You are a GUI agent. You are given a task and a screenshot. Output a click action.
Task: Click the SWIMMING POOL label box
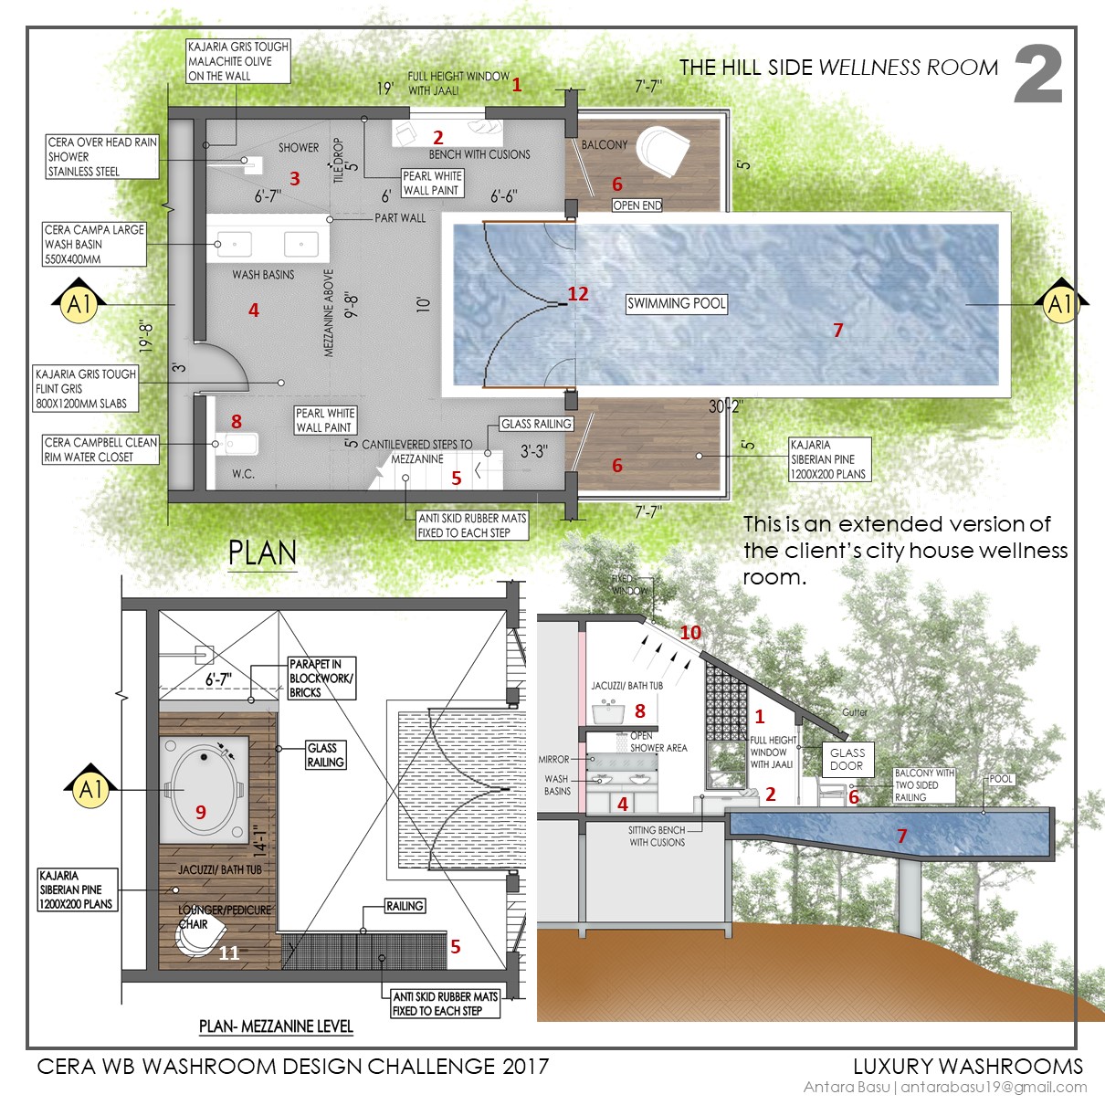676,303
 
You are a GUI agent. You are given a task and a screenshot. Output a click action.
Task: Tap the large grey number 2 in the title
1038,75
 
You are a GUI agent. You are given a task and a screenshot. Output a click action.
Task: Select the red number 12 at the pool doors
578,294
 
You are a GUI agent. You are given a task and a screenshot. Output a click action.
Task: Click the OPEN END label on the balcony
637,205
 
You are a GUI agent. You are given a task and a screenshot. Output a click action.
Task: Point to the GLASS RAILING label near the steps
536,424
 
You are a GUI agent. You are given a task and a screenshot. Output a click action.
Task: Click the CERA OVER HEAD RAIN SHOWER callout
102,156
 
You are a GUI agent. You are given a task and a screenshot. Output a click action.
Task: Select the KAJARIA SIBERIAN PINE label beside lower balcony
828,459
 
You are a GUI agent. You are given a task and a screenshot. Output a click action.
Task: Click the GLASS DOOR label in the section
847,759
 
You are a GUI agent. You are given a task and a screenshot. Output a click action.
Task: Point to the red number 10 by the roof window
690,633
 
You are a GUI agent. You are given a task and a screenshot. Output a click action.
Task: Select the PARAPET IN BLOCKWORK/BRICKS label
321,679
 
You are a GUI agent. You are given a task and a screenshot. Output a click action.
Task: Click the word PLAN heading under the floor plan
262,553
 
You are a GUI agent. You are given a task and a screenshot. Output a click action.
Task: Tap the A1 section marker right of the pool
1058,303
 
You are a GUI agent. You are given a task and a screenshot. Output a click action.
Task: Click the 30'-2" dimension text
726,406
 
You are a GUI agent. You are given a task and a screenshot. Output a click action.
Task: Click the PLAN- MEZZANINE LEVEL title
276,1026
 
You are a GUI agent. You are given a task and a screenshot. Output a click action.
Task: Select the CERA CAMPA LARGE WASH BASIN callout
94,244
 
